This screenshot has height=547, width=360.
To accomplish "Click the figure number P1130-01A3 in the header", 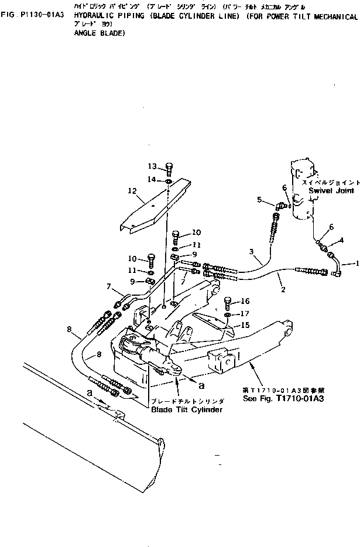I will coord(38,18).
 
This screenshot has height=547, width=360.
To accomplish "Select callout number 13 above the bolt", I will coord(152,166).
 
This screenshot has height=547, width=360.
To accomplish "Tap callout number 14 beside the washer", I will coord(152,179).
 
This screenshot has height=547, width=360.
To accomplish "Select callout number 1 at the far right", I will coord(355,263).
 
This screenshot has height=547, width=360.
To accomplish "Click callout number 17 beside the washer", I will coord(245,313).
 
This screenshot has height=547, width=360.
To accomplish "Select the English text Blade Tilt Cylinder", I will coord(187,410).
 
